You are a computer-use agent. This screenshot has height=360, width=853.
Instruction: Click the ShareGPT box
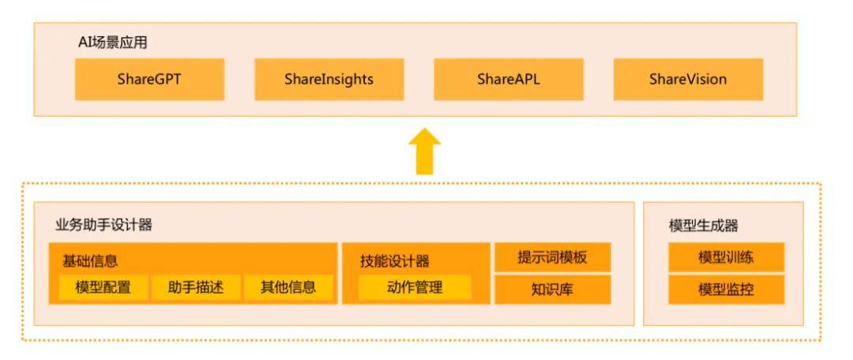click(149, 79)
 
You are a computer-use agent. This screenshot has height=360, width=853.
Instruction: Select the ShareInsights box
click(329, 79)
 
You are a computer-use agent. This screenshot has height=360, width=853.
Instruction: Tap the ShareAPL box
click(508, 79)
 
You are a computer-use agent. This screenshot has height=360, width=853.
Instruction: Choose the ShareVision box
click(688, 79)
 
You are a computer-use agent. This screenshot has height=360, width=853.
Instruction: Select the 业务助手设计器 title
click(103, 225)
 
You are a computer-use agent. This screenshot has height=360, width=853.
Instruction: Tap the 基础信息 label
click(90, 260)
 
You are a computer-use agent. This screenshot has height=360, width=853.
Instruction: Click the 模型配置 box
click(103, 287)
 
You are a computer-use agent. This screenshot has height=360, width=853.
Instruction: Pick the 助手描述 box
click(195, 287)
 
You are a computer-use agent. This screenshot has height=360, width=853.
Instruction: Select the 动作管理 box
click(415, 287)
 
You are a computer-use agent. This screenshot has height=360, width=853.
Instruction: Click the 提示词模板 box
click(552, 257)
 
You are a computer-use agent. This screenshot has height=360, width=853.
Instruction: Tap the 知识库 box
click(552, 289)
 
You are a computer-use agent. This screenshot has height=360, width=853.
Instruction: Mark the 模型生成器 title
click(704, 226)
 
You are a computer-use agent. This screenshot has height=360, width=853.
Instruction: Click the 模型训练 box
click(726, 257)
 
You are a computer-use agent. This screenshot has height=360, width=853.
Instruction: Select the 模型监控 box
click(726, 289)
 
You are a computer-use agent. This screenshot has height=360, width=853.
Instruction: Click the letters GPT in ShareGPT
click(168, 79)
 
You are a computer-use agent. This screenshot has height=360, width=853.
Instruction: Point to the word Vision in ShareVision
click(707, 79)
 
